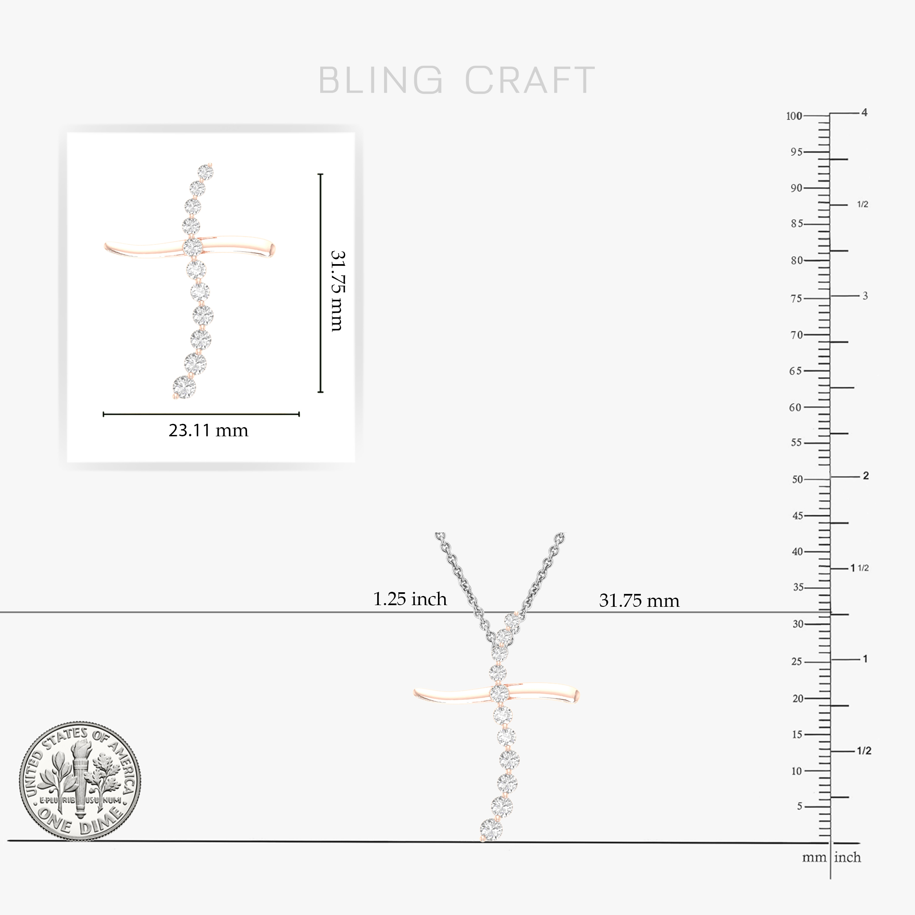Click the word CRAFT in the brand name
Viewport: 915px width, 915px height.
pyautogui.click(x=530, y=80)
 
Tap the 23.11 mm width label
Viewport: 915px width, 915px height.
pyautogui.click(x=208, y=430)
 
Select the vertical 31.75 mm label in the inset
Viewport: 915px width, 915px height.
pyautogui.click(x=338, y=291)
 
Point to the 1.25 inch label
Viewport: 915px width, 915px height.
pyautogui.click(x=410, y=599)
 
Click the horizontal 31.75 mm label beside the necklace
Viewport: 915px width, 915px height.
pyautogui.click(x=639, y=601)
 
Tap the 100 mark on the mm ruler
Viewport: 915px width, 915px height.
pyautogui.click(x=794, y=116)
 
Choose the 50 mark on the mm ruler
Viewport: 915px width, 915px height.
pyautogui.click(x=798, y=479)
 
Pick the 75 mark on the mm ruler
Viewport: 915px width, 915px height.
pyautogui.click(x=796, y=298)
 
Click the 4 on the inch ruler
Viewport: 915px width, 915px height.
pyautogui.click(x=864, y=113)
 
